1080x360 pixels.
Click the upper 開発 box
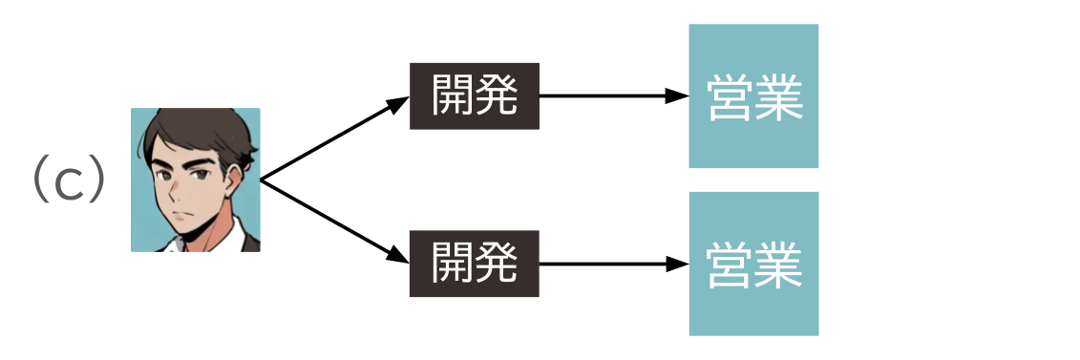coord(475,96)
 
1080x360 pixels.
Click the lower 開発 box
coord(475,264)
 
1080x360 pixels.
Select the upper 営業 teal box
coord(753,96)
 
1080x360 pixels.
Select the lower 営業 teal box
coord(753,264)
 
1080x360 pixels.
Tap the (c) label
coord(68,180)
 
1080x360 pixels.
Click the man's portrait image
coord(195,180)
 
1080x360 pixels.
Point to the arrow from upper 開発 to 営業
coord(611,96)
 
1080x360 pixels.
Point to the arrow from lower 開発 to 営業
coord(611,264)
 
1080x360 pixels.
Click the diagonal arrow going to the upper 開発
coord(334,138)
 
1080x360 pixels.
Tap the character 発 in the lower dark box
coord(497,264)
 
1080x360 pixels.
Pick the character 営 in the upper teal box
coord(730,96)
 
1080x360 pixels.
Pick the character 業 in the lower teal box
coord(777,264)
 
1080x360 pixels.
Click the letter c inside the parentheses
coord(69,183)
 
